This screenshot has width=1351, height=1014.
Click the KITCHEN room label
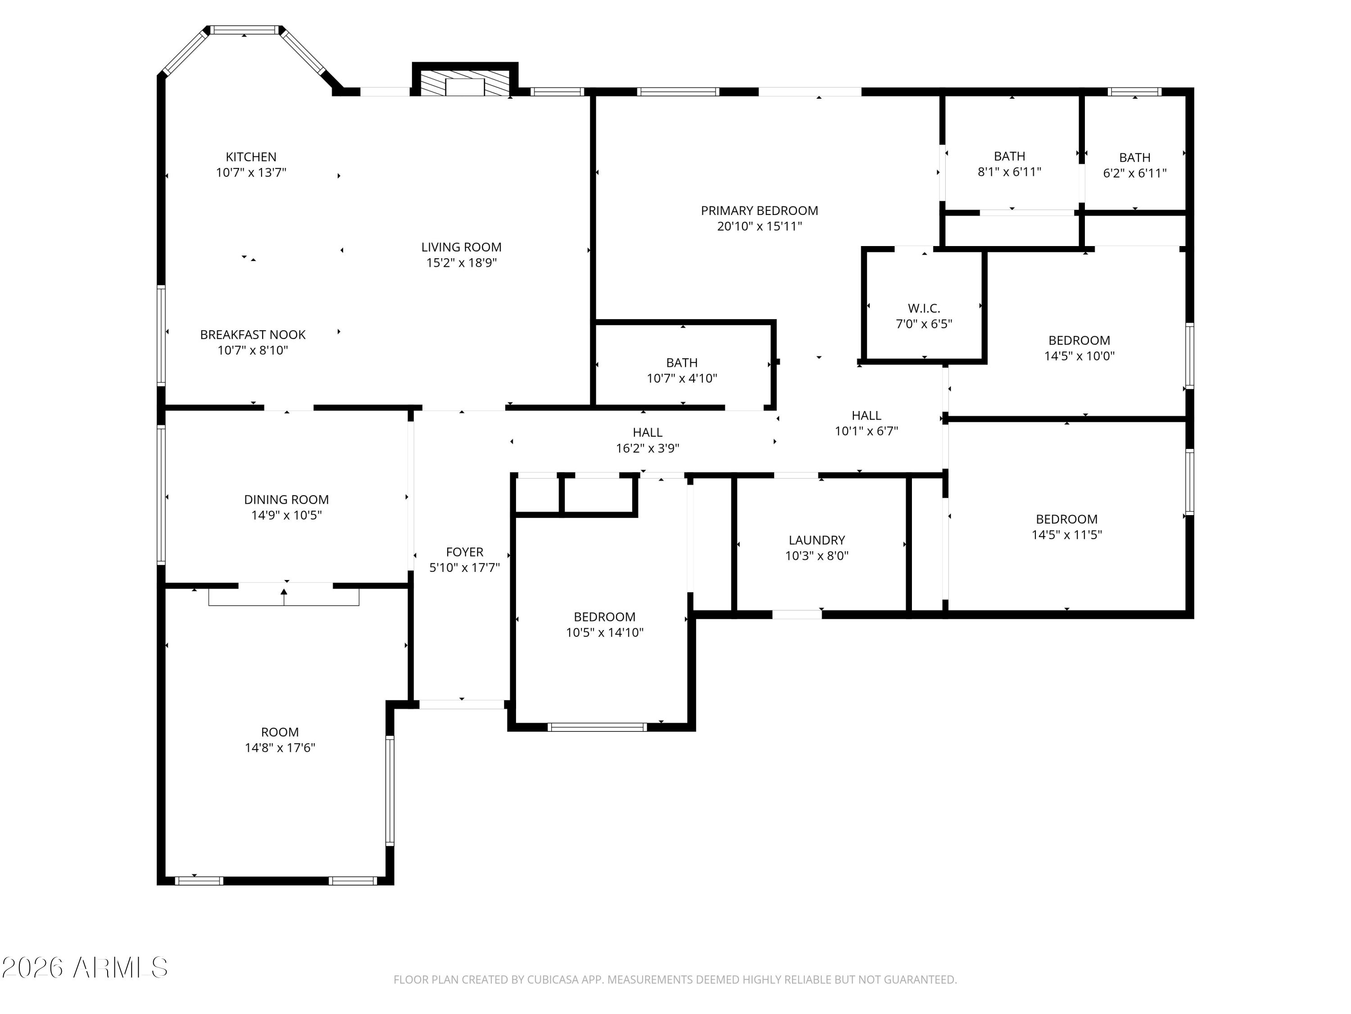(251, 157)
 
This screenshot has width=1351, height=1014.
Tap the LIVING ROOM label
(461, 247)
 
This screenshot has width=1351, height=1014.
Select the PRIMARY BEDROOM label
(759, 211)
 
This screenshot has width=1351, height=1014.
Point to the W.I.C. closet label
(924, 309)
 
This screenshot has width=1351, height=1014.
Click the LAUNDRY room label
(816, 540)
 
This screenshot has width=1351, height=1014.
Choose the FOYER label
(464, 552)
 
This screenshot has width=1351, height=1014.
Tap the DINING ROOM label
(286, 500)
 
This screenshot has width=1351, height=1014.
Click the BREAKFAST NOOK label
(253, 335)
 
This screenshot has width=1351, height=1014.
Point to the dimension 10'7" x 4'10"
(682, 379)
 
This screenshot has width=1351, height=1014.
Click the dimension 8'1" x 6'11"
(1009, 172)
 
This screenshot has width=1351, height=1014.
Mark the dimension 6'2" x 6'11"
(1134, 173)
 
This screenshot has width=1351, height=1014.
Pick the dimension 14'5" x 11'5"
(1066, 535)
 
